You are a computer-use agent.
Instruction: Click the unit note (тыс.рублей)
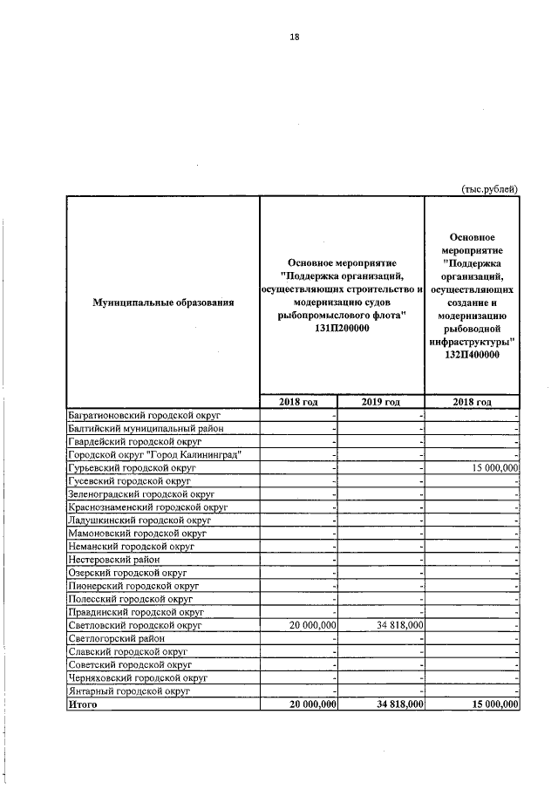tap(489, 187)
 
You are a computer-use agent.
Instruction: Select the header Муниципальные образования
tap(163, 303)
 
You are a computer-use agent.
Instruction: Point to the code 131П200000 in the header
tap(342, 330)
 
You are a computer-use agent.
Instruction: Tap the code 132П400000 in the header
tap(472, 355)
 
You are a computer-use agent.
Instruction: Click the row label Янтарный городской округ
tap(129, 690)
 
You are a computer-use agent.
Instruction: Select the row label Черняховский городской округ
tap(137, 677)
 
